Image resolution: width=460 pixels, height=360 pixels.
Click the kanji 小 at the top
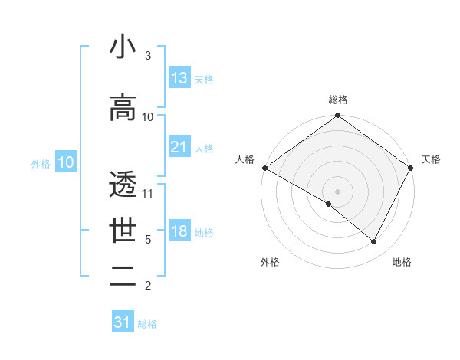pyautogui.click(x=123, y=47)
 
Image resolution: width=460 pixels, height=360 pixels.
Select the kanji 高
pyautogui.click(x=123, y=108)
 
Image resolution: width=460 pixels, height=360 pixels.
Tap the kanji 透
pyautogui.click(x=123, y=185)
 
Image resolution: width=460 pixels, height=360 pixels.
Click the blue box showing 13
pyautogui.click(x=179, y=78)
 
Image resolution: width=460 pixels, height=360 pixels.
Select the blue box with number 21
pyautogui.click(x=179, y=147)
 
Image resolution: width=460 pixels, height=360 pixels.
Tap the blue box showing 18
pyautogui.click(x=179, y=231)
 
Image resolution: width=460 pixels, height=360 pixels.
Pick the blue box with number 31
pyautogui.click(x=123, y=322)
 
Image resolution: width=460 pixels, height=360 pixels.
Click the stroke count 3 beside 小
pyautogui.click(x=148, y=56)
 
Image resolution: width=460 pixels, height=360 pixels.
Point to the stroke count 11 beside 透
pyautogui.click(x=148, y=194)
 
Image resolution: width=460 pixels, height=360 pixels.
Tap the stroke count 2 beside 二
pyautogui.click(x=148, y=286)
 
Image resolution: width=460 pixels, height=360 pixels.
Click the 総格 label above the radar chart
pyautogui.click(x=338, y=100)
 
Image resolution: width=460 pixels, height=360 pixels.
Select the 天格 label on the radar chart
pyautogui.click(x=431, y=159)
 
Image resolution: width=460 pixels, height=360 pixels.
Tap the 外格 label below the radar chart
pyautogui.click(x=269, y=262)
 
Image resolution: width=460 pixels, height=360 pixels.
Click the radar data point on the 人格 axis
pyautogui.click(x=264, y=168)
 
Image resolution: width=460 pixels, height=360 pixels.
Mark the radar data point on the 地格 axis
pyautogui.click(x=374, y=242)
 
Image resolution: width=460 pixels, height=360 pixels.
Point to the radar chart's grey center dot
pyautogui.click(x=338, y=191)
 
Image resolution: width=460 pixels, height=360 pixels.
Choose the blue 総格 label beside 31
pyautogui.click(x=147, y=324)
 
